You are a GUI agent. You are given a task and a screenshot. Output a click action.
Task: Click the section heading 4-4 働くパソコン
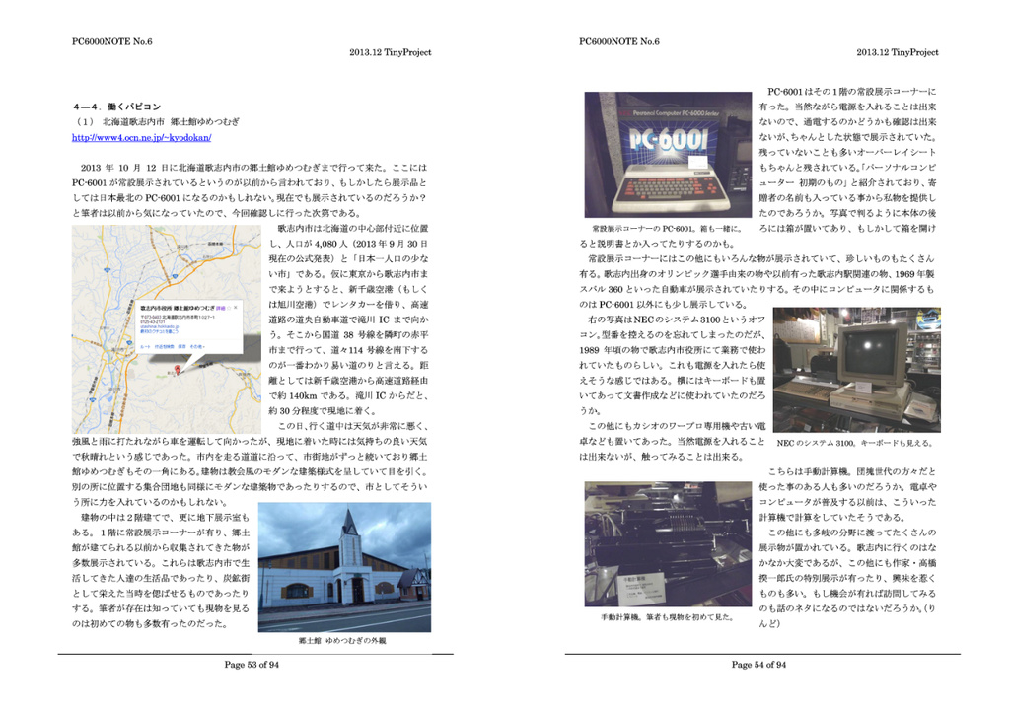coord(117,105)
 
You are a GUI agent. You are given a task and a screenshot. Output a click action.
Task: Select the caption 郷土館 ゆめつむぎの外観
coord(342,640)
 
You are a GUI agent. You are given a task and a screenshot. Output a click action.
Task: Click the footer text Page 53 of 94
coord(252,665)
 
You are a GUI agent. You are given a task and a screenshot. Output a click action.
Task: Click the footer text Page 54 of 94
coord(758,665)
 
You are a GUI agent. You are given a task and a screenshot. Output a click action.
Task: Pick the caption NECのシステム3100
coord(854,443)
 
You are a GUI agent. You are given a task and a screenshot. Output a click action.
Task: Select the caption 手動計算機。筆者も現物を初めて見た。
coord(667,617)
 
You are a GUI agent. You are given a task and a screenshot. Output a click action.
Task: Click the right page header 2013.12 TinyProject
coord(897,52)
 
